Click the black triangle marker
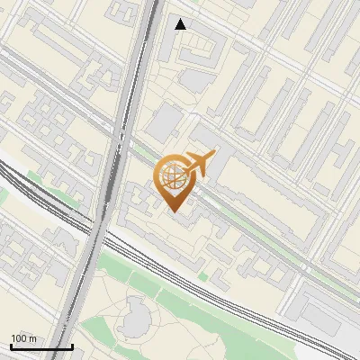point(181,24)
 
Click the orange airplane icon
point(198,163)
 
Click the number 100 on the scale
point(19,338)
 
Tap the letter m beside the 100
point(32,338)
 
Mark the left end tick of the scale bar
point(11,346)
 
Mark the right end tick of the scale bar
point(72,346)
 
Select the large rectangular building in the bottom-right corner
point(328,310)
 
